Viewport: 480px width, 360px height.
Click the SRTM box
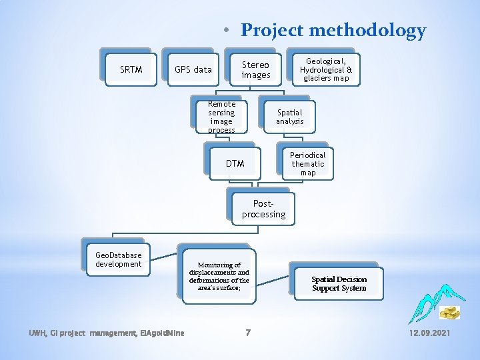(x=131, y=69)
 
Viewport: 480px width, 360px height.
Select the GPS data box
(x=193, y=69)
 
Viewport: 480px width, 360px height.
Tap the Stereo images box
(x=255, y=70)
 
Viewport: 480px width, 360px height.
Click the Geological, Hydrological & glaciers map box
(x=326, y=69)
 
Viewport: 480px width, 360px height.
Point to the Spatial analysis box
(x=289, y=117)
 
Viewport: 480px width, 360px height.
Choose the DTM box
(x=235, y=163)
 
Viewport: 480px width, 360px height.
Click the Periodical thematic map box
(x=307, y=163)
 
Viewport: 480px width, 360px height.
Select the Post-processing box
(x=263, y=209)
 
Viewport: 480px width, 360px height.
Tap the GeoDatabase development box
(x=118, y=259)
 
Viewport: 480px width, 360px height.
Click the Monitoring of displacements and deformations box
(x=219, y=277)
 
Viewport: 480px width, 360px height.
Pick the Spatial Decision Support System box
(x=339, y=283)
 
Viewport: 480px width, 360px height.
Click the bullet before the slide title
(x=227, y=30)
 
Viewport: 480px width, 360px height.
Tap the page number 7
(x=247, y=332)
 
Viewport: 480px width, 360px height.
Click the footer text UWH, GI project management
(x=73, y=332)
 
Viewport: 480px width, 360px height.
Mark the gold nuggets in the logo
(x=449, y=312)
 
